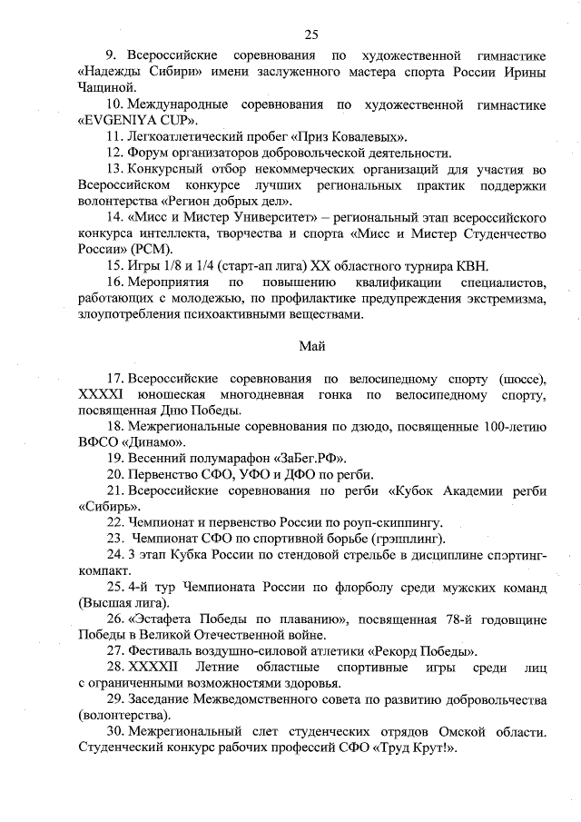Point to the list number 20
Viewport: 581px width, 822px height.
tap(115, 474)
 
